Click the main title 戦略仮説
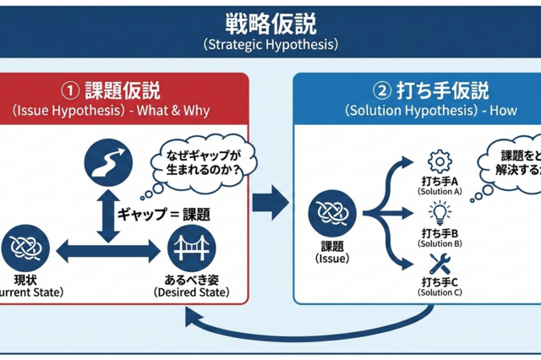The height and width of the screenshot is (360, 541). point(270,23)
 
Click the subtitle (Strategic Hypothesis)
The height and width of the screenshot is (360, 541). point(270,45)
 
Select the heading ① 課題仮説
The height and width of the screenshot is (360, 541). point(112,90)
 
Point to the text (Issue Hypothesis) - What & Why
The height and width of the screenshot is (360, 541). point(112,111)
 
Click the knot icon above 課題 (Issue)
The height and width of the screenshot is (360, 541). point(331,214)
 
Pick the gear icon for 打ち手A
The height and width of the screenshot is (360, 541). point(439,161)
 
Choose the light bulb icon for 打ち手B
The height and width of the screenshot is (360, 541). point(439,211)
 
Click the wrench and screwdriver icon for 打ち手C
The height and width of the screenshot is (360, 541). point(439,262)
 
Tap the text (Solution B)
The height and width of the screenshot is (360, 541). point(439,244)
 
